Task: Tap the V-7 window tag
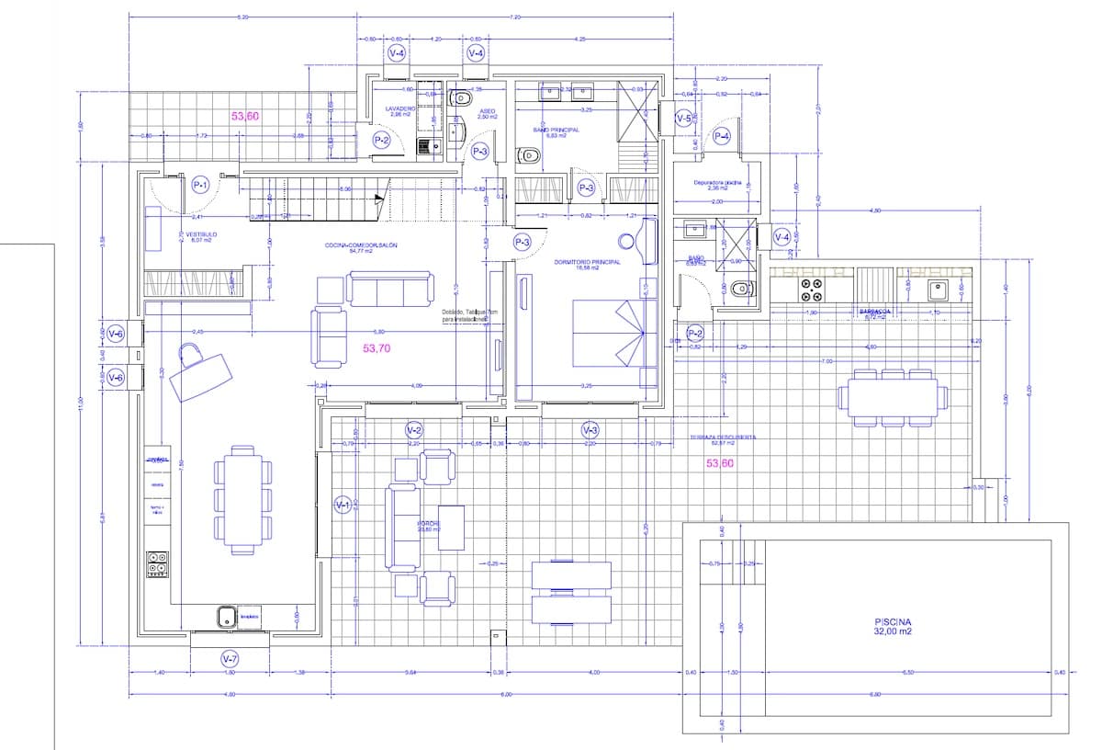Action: tap(230, 659)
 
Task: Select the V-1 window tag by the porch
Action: tap(343, 505)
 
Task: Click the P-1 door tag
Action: tap(201, 186)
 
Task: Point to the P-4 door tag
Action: tap(722, 137)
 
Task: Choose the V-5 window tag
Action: tap(683, 119)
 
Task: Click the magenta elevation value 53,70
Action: tap(377, 348)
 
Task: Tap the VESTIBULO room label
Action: tap(201, 235)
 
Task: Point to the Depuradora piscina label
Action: tap(717, 184)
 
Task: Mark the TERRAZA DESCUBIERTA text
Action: tap(723, 438)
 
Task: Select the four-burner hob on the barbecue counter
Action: tap(811, 290)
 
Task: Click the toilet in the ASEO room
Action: tap(461, 97)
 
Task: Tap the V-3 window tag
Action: tap(590, 430)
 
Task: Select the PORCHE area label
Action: tap(429, 525)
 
